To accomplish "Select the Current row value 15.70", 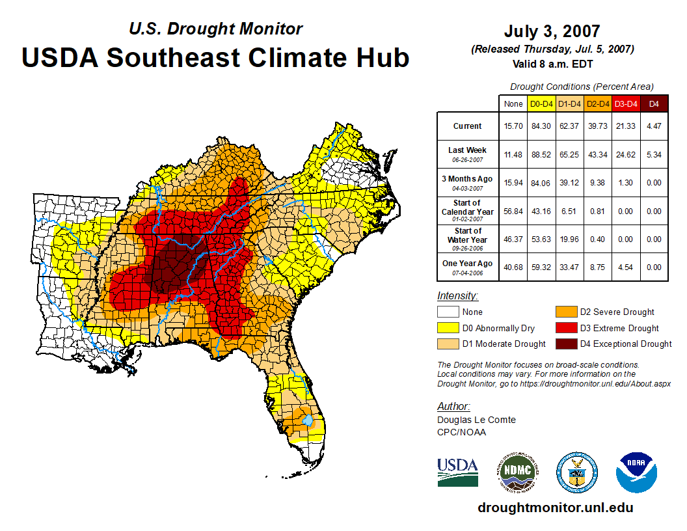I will pos(513,126).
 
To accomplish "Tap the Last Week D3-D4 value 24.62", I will pos(626,154).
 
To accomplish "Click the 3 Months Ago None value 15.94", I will pos(513,183).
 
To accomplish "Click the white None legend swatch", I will pos(448,312).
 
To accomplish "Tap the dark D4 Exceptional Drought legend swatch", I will pos(566,344).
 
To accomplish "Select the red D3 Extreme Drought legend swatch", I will pos(566,328).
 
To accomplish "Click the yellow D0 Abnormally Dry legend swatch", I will pos(448,328).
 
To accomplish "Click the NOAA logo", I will pos(636,472).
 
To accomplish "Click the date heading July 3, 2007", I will pos(552,31).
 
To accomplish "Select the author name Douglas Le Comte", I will pos(476,420).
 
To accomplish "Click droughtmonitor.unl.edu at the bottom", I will pos(555,508).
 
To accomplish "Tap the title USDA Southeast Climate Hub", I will pos(215,57).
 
